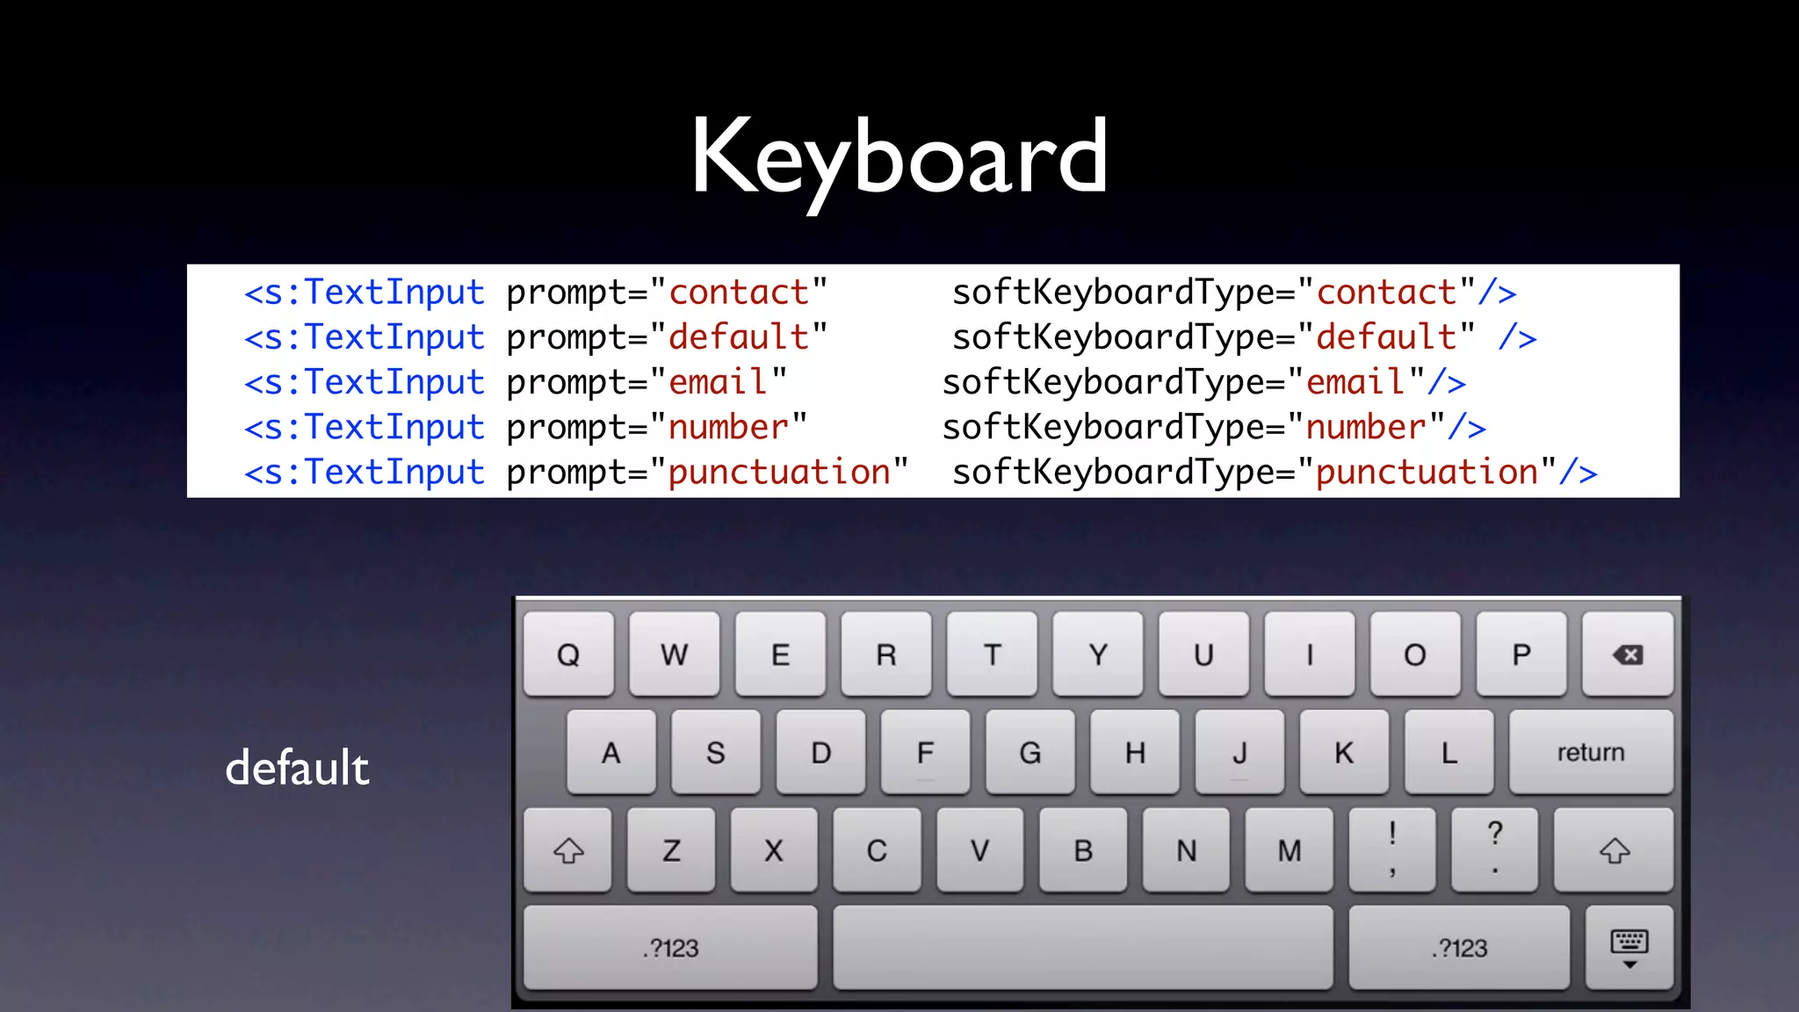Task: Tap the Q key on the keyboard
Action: (568, 654)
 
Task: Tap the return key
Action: (1590, 752)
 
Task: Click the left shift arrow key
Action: (568, 850)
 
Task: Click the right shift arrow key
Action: (1614, 850)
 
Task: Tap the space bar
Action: (1082, 948)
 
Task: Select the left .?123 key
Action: (670, 948)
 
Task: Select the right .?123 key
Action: (1459, 948)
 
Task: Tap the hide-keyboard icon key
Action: (1629, 948)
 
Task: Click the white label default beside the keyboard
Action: (297, 768)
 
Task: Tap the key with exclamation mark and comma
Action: (1392, 850)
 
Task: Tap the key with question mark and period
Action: (1495, 850)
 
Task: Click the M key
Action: (1289, 850)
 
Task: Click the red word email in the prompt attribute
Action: (718, 382)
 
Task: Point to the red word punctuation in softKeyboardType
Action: (1427, 473)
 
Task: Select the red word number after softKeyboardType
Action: (1366, 428)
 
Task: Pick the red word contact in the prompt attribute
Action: (739, 293)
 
